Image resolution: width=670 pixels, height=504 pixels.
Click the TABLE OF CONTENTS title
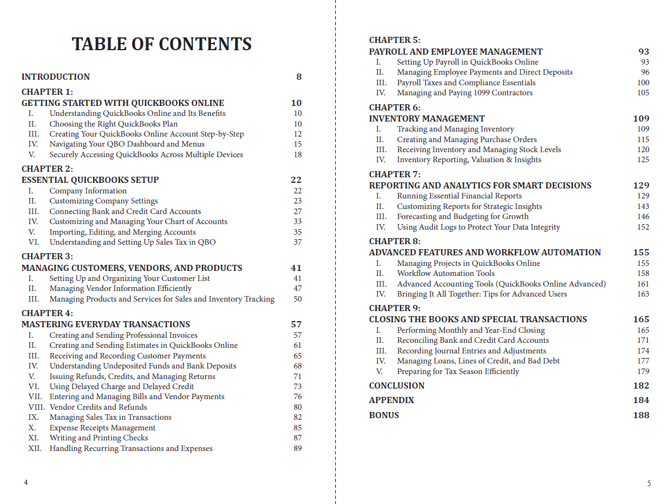coord(162,44)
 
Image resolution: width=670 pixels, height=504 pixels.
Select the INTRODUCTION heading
coord(55,77)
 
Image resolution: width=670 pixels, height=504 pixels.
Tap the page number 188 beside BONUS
coord(641,415)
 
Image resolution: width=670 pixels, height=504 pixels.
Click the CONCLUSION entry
coord(397,386)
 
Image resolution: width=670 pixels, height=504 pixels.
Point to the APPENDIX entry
coord(391,400)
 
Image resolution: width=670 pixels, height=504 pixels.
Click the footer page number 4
coord(26,483)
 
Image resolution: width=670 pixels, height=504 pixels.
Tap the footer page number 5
coord(649,484)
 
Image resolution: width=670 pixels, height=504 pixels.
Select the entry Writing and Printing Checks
coord(98,438)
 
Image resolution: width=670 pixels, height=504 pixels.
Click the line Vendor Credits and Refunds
coord(98,407)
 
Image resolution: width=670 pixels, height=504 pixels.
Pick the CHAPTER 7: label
coord(394,175)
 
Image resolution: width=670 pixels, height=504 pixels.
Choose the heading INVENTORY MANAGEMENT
coord(427,119)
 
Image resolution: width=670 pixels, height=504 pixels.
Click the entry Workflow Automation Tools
coord(446,273)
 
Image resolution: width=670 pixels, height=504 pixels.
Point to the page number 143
coord(643,206)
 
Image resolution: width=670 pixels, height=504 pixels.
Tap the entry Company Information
coord(88,191)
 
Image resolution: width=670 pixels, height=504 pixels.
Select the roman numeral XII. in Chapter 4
coord(35,448)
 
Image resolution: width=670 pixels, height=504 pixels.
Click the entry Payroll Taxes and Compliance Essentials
coord(466,83)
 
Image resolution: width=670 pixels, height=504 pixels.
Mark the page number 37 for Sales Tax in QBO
coord(297,242)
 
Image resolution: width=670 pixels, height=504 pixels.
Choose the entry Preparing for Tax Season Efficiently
coord(457,371)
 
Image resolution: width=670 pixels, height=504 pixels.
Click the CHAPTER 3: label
coord(47,256)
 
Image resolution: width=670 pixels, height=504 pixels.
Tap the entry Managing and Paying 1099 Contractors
coord(465,93)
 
